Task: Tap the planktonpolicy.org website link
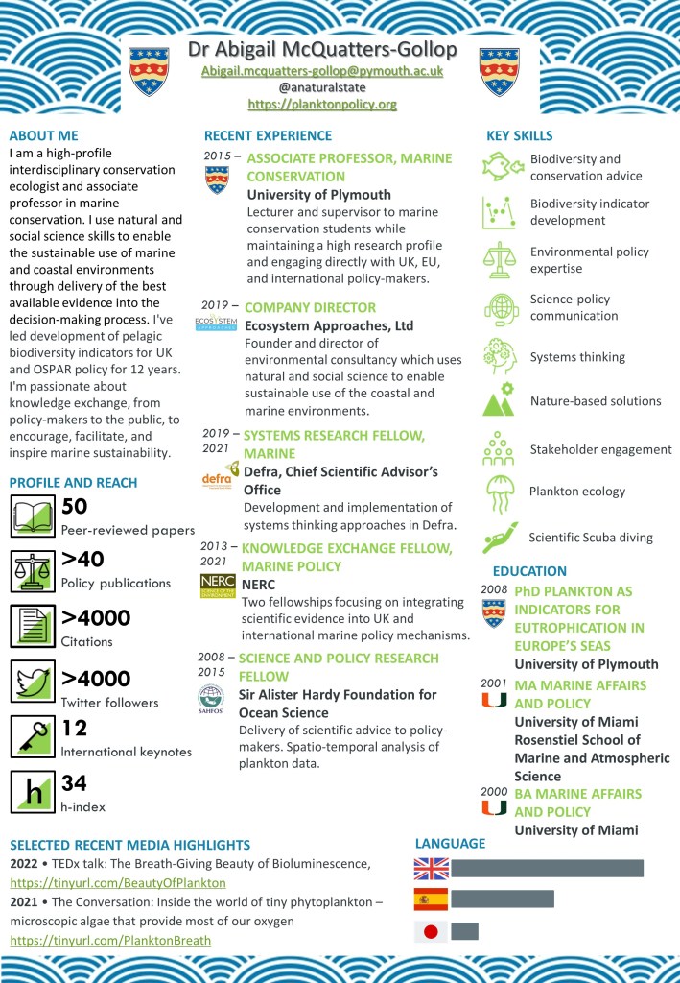click(x=321, y=104)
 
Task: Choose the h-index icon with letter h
click(x=34, y=793)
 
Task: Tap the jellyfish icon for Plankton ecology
click(x=500, y=493)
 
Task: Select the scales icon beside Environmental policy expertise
click(x=500, y=259)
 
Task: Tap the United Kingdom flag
click(x=431, y=868)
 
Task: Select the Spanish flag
click(x=431, y=899)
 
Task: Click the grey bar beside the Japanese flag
click(x=464, y=930)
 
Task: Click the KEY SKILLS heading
click(x=519, y=135)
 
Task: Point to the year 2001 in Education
click(x=494, y=683)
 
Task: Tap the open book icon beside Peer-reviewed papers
click(x=34, y=516)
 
